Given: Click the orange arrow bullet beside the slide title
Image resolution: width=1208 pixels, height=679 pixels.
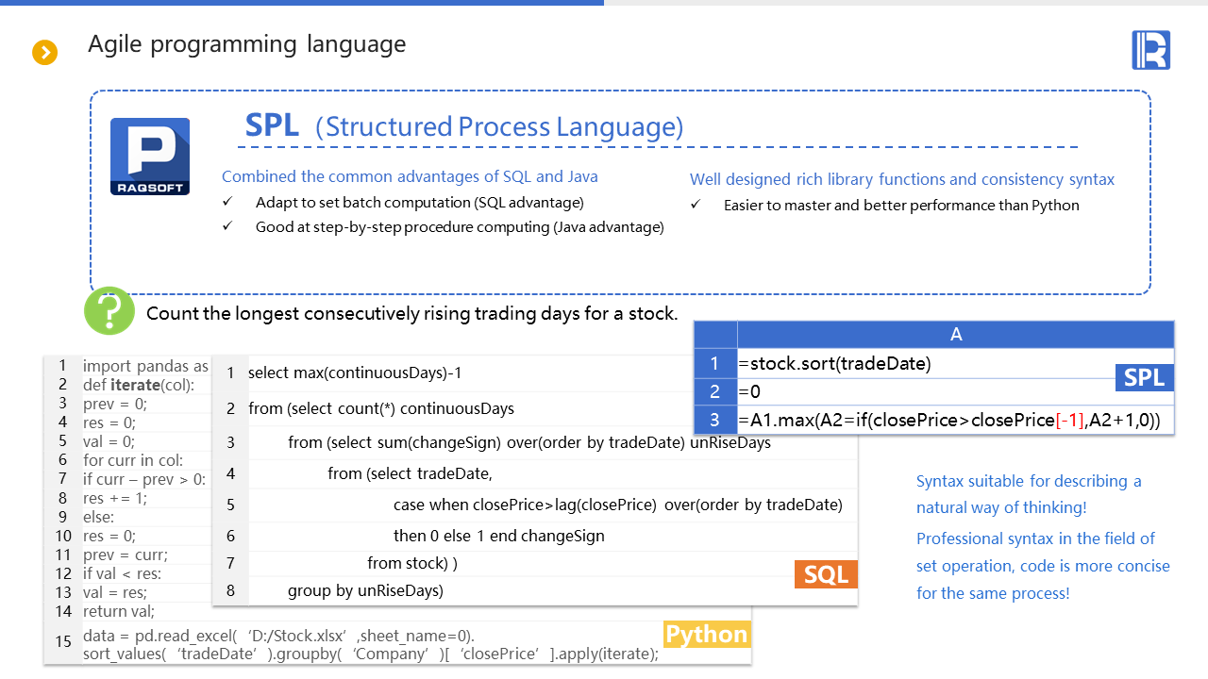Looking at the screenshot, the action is pos(44,52).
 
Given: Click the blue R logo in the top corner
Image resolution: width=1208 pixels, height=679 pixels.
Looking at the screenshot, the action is pos(1150,50).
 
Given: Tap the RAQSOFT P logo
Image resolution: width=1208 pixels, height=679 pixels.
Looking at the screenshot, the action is pos(150,157).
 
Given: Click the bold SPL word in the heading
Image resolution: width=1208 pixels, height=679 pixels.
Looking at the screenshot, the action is pos(272,125).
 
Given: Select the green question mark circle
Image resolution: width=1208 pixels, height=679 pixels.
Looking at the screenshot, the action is pos(109,311).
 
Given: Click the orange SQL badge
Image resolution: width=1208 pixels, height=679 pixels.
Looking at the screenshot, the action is pos(826,574).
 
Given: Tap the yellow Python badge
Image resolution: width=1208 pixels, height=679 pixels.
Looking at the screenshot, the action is pos(707,635).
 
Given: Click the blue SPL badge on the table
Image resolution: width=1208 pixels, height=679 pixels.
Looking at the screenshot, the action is pos(1145,377).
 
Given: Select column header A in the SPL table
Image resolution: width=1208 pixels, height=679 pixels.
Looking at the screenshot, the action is pos(956,334).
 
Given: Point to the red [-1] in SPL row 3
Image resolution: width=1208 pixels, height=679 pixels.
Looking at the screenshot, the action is pos(1069,421).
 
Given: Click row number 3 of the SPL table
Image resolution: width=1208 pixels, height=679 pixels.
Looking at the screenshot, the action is pos(715,420).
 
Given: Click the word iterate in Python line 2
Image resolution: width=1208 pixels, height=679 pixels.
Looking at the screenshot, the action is pos(135,385).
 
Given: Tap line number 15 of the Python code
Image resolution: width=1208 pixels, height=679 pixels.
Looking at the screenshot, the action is pos(63,641).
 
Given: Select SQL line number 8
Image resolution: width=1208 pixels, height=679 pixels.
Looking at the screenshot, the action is pos(230,590).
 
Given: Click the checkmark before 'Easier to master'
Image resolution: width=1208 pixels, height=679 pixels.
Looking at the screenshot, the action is pos(696,205).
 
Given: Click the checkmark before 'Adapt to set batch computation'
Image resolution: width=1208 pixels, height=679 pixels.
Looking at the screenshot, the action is pos(227,202).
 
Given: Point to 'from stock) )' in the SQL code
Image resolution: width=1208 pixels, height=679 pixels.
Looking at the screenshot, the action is pos(412,563).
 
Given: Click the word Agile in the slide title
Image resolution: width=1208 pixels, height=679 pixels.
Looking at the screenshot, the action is pos(115,44).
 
